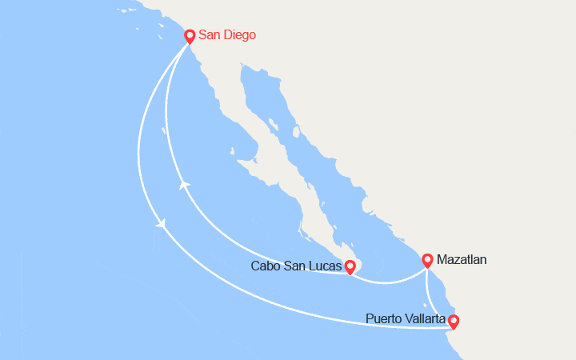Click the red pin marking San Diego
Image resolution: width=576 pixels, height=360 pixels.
coord(190,36)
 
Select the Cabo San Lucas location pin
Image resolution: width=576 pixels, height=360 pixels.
coord(350,266)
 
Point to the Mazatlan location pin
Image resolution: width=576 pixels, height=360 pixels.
coord(427,259)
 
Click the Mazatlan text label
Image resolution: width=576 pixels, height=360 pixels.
coord(462,260)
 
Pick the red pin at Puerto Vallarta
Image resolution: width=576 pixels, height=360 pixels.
coord(454,322)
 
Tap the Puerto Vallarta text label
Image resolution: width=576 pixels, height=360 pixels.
coord(406,319)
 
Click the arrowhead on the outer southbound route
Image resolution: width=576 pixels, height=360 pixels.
coord(162,225)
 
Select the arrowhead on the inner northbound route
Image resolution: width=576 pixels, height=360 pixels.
coord(185,186)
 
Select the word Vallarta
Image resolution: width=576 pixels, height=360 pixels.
coord(426,319)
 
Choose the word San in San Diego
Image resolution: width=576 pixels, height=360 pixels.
coord(210,35)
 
